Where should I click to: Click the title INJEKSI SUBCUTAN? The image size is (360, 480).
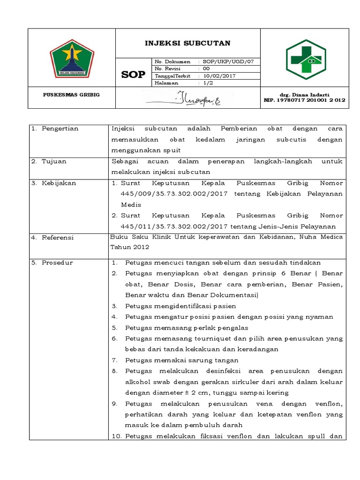click(187, 44)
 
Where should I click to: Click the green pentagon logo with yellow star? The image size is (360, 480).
click(72, 58)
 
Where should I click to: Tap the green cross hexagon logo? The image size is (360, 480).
click(305, 58)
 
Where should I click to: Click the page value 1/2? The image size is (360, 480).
click(207, 83)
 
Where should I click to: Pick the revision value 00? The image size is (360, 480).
click(207, 69)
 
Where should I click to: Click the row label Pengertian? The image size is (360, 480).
click(60, 128)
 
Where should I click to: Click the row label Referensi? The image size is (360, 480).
click(58, 238)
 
